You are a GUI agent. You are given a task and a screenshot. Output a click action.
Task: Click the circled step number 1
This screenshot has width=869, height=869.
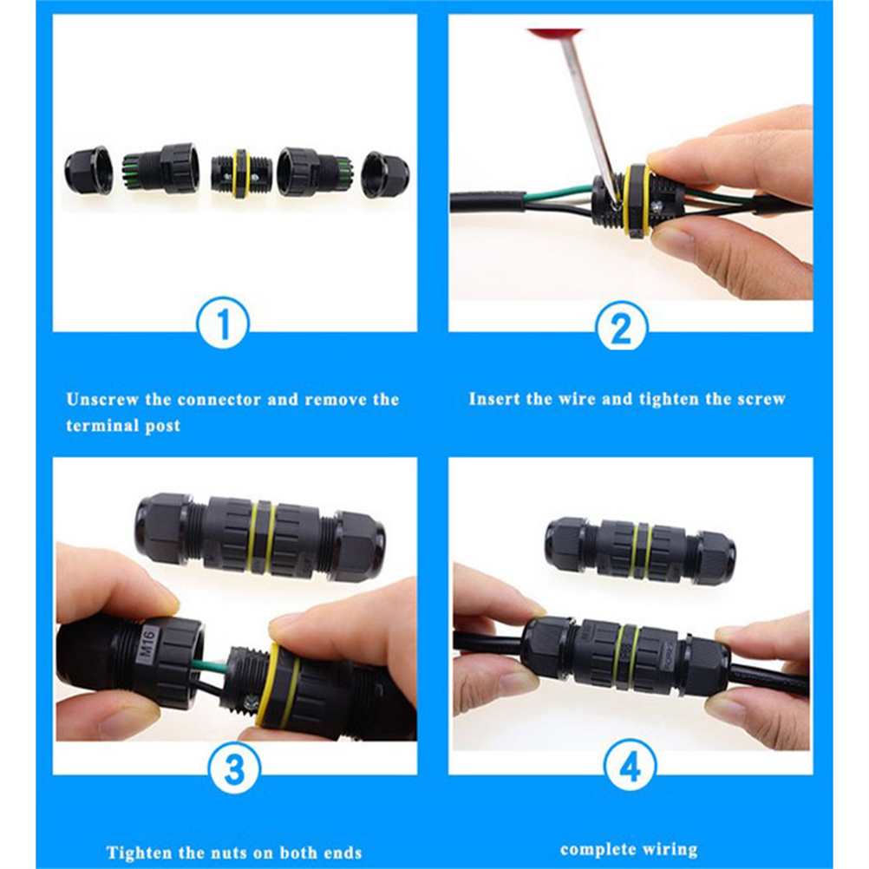[x=224, y=323]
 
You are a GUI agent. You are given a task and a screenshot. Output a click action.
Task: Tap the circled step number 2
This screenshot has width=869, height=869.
[x=621, y=328]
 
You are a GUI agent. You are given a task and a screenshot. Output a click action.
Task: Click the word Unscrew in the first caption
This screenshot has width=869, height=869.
[x=102, y=399]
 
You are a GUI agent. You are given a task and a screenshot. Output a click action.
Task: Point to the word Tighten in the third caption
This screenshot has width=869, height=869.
[x=137, y=853]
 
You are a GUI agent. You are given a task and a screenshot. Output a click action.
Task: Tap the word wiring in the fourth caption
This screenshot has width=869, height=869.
[x=670, y=850]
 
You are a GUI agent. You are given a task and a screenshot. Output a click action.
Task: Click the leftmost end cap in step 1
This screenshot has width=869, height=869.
[x=88, y=171]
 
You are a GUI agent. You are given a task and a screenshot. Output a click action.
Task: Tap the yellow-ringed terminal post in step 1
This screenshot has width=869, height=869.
[x=242, y=173]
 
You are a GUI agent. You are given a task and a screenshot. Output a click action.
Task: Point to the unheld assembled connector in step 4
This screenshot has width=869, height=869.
[x=640, y=551]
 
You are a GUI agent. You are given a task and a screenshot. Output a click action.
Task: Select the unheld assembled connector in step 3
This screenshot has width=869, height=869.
[x=260, y=537]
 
